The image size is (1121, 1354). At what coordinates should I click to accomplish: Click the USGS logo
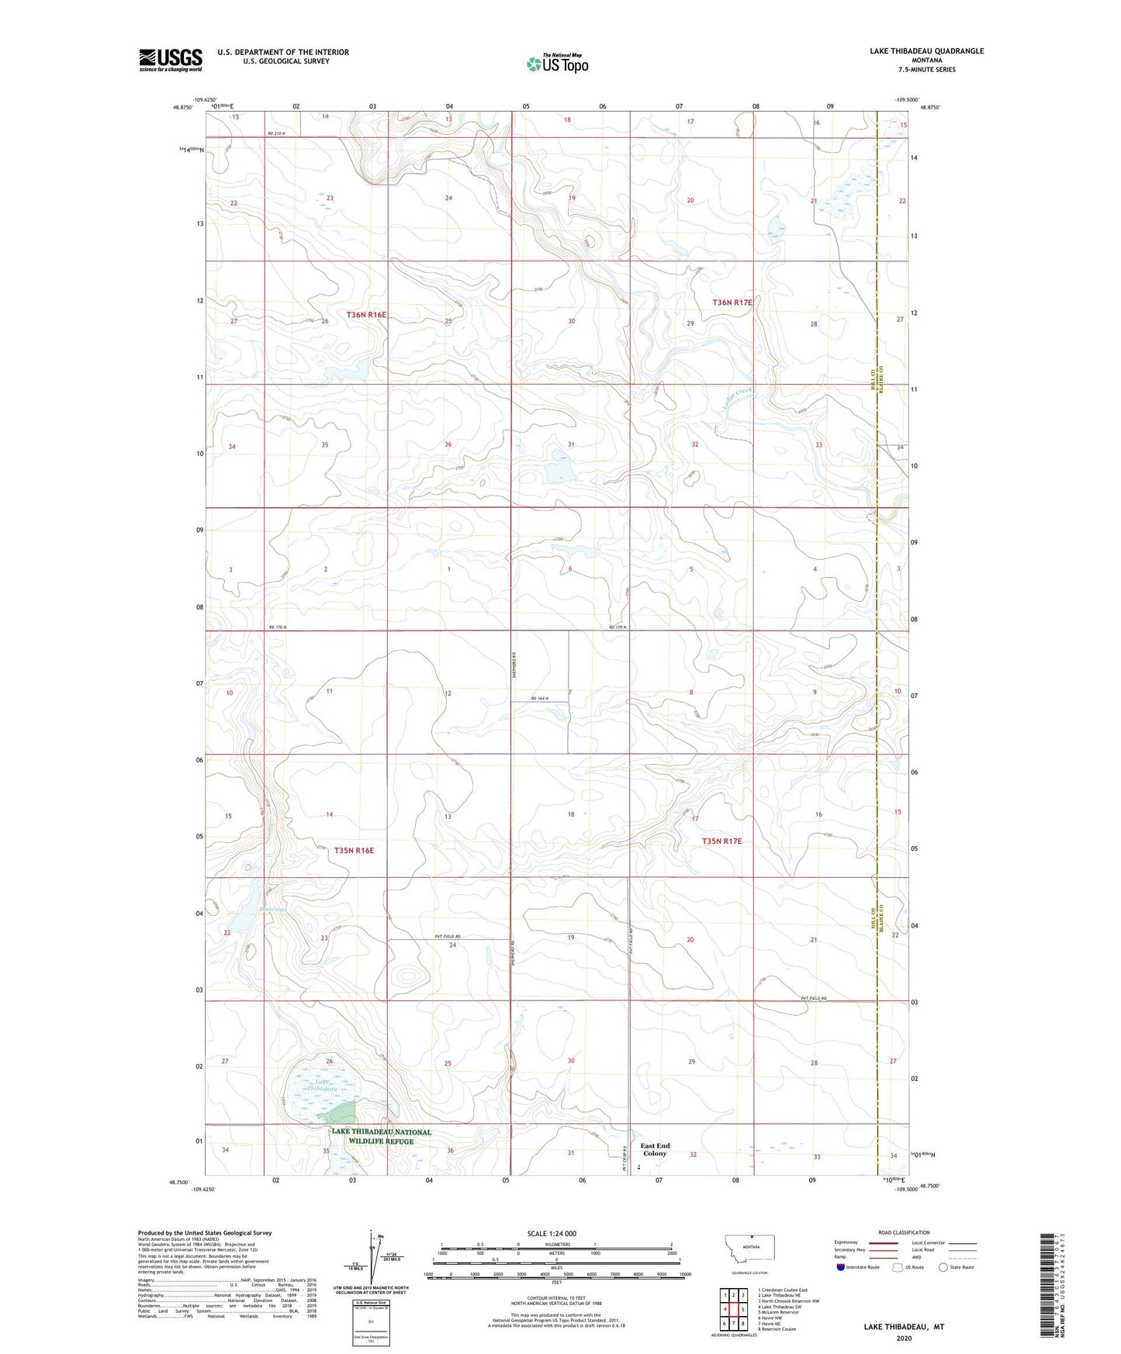170,60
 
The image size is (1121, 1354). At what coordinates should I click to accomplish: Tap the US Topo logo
557,64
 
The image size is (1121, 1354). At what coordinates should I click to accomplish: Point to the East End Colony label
655,1149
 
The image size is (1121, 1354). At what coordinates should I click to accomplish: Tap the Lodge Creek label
732,395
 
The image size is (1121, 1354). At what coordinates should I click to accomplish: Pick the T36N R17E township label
732,302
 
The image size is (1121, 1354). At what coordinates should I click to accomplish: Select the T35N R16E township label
354,851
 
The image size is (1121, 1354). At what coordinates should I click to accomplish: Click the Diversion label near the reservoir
273,909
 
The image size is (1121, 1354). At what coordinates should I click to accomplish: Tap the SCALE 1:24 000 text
552,1233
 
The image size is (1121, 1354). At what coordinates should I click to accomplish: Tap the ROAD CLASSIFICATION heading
904,1232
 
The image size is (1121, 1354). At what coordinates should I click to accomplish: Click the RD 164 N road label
538,699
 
